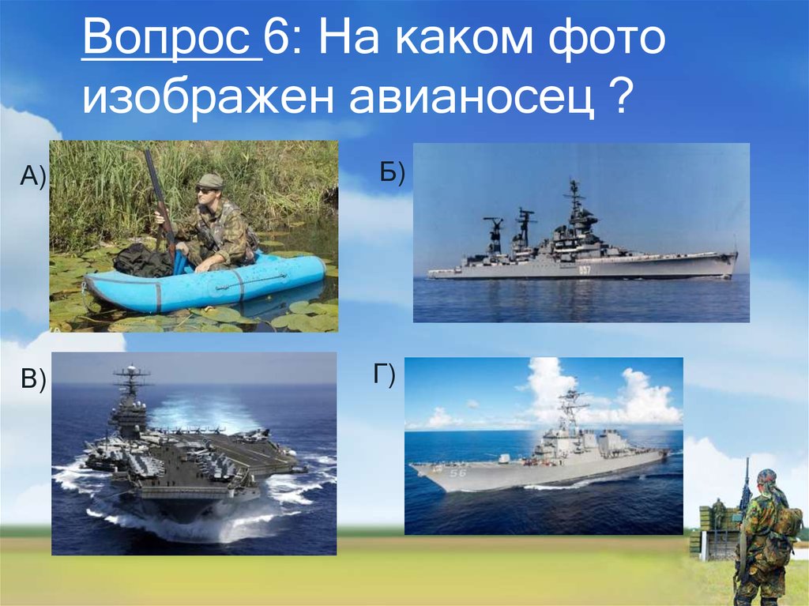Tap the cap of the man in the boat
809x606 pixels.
(x=210, y=180)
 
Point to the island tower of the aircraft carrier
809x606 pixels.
(x=128, y=403)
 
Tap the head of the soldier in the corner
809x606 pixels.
(x=766, y=479)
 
